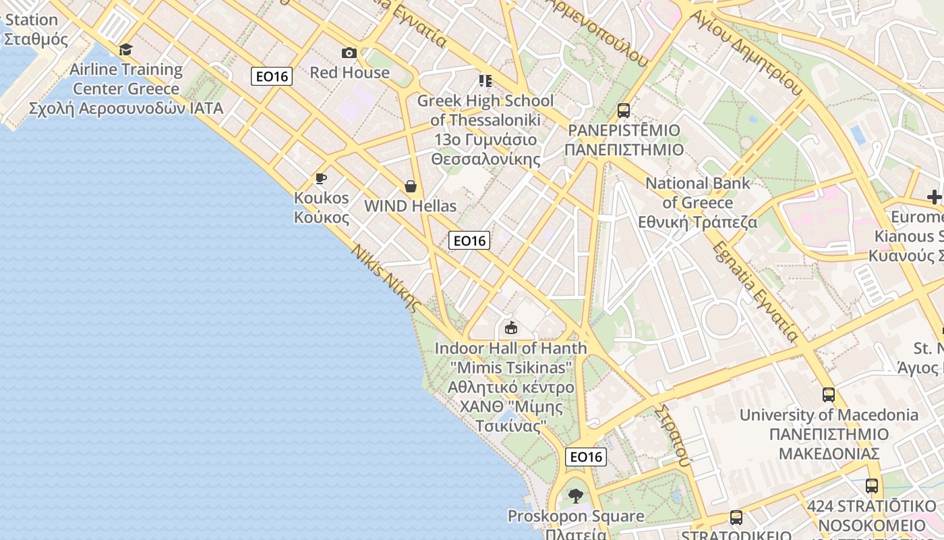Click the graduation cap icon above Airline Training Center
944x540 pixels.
click(126, 49)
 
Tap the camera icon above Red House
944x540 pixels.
click(349, 53)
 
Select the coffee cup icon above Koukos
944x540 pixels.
click(321, 178)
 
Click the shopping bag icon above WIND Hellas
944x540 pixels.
click(410, 186)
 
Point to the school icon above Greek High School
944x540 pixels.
click(485, 81)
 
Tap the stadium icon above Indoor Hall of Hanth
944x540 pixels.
click(511, 328)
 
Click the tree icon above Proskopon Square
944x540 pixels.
click(575, 496)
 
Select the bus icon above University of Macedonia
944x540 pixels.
click(829, 395)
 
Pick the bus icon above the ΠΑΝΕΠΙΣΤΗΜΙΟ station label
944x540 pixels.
click(624, 110)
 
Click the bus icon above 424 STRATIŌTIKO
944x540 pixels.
click(872, 485)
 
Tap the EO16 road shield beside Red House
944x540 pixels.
click(272, 76)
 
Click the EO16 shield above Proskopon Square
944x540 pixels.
click(585, 457)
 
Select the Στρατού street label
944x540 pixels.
click(674, 435)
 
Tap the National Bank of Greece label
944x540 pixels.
click(697, 202)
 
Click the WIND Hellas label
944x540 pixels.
click(410, 206)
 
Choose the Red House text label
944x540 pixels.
click(349, 72)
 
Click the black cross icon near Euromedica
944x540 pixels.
click(934, 197)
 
